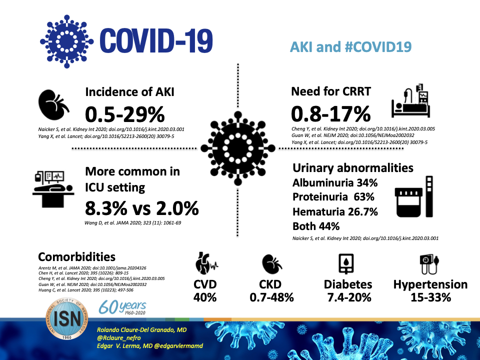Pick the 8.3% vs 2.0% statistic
coord(141,207)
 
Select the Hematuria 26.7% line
coord(334,211)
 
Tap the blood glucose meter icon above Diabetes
coord(347,263)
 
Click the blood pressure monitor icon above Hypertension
coord(429,263)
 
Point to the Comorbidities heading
coord(76,257)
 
